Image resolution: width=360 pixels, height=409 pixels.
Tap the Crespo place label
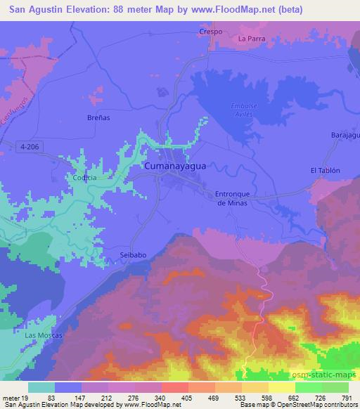click(210, 32)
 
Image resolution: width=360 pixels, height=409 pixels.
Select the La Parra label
click(252, 39)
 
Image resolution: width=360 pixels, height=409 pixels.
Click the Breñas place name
click(98, 117)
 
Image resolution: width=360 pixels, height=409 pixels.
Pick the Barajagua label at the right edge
click(345, 134)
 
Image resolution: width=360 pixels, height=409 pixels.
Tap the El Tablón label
click(325, 170)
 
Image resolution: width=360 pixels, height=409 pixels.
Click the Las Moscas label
click(44, 335)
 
